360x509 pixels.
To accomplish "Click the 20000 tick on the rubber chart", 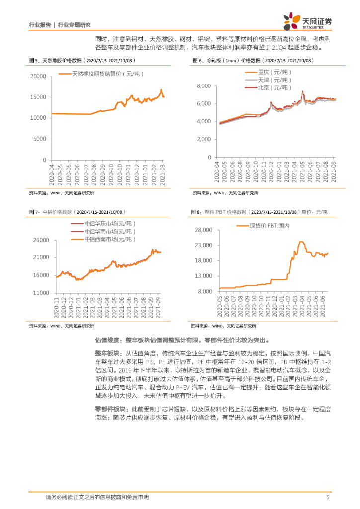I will click(x=38, y=76).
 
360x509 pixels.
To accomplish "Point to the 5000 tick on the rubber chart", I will click(x=40, y=139).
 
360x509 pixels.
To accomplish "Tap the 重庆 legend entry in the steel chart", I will click(x=273, y=72).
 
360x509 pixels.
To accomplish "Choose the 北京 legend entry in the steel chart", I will click(x=273, y=87).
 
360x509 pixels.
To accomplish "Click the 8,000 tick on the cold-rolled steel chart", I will click(x=205, y=86).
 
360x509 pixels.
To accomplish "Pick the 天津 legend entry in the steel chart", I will click(x=273, y=80).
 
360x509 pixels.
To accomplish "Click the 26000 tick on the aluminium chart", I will click(x=40, y=240).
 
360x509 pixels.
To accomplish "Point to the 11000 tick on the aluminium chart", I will click(x=40, y=293).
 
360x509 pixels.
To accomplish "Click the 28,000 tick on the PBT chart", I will click(x=203, y=230).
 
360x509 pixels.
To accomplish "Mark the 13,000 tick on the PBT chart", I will click(x=203, y=276).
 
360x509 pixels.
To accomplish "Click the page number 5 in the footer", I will click(x=328, y=497).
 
